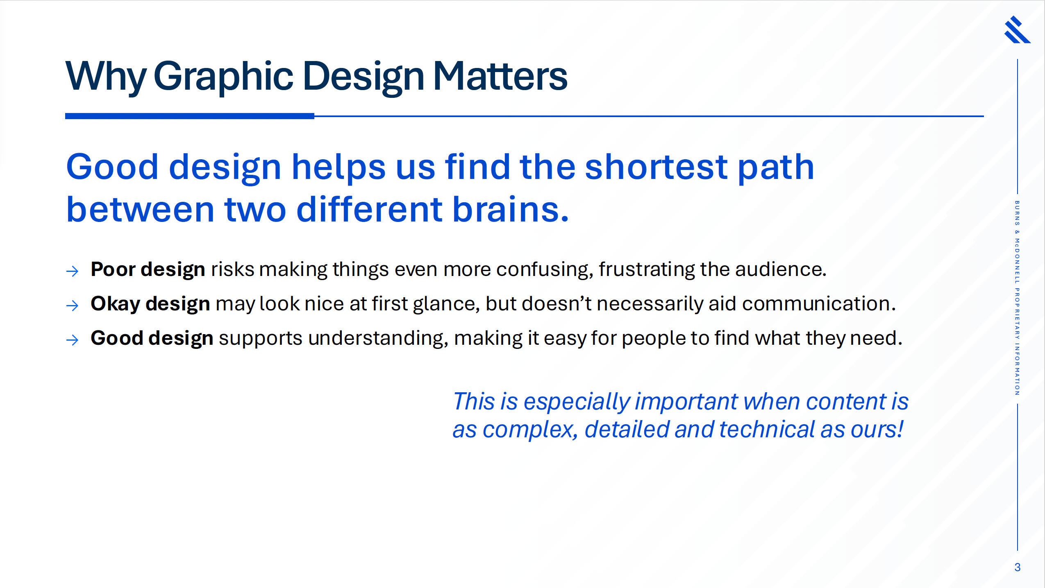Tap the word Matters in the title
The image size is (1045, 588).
[x=500, y=76]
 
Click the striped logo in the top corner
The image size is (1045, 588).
[x=1017, y=29]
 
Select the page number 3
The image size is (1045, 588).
[x=1017, y=567]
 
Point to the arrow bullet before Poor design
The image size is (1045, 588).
[x=72, y=271]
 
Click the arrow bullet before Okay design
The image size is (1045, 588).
[x=72, y=305]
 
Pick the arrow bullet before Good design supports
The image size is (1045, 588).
[x=72, y=340]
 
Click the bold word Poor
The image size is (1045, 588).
[x=113, y=269]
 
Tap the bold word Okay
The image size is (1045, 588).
[x=115, y=304]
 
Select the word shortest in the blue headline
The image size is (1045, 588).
[x=657, y=167]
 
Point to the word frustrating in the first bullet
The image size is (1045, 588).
[x=647, y=270]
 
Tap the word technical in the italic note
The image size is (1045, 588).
[x=767, y=430]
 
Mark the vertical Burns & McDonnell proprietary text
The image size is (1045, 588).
[x=1017, y=298]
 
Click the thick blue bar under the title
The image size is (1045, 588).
[x=190, y=116]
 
